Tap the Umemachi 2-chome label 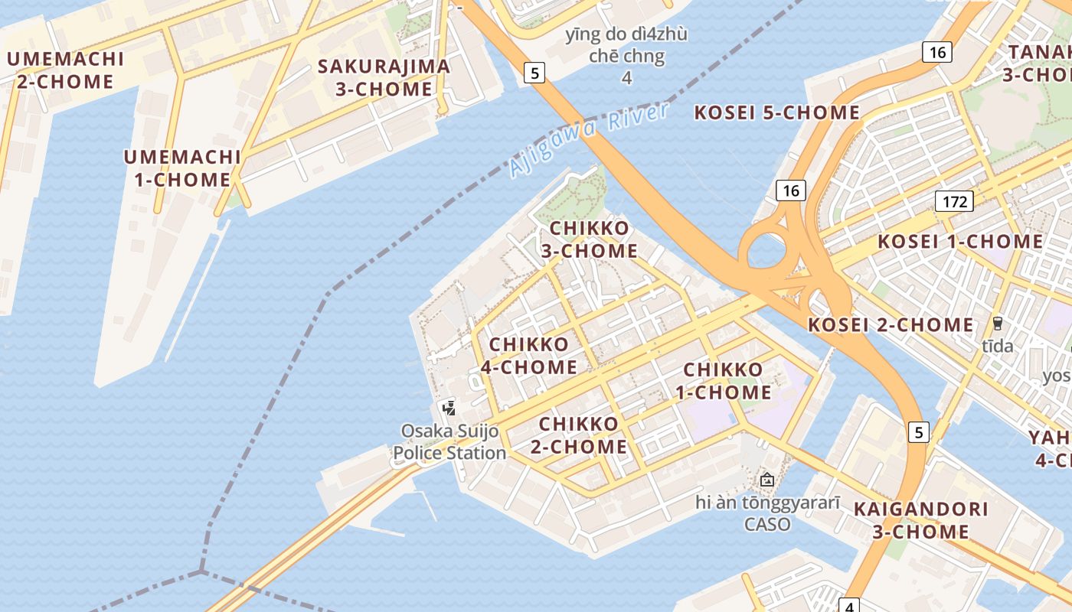pos(65,70)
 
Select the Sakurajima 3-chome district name pos(384,77)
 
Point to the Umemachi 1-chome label pos(182,168)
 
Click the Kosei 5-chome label pos(776,112)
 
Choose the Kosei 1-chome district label pos(960,242)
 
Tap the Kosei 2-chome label pos(891,325)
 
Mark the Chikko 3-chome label pos(590,239)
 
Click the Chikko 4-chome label pos(529,356)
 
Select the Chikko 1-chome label pos(724,381)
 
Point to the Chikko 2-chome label pos(579,435)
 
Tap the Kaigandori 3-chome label pos(920,520)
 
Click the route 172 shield pos(954,201)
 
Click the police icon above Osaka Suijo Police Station pos(449,408)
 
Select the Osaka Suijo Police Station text pos(449,442)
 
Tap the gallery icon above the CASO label pos(766,480)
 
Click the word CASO pos(767,525)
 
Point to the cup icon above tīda pos(998,323)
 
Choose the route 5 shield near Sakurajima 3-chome pos(534,73)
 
